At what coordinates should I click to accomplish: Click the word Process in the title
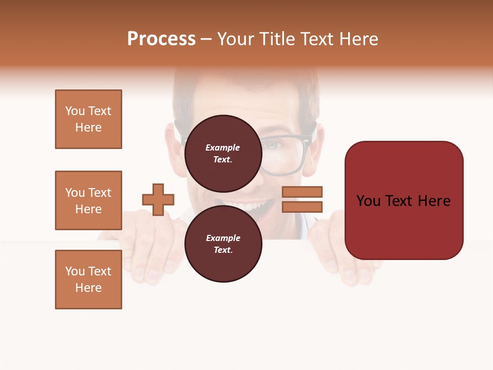pos(161,39)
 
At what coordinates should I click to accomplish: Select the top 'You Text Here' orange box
pos(88,119)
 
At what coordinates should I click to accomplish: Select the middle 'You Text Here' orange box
pos(88,200)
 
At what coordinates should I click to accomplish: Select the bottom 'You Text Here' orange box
pos(88,280)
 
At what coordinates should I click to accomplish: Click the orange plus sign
pos(158,199)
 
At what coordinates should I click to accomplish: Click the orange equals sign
pos(302,199)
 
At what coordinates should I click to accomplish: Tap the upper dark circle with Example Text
pos(223,153)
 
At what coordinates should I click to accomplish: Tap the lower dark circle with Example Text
pos(223,244)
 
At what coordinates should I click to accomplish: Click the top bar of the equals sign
pos(302,192)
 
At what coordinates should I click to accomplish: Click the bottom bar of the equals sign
pos(302,207)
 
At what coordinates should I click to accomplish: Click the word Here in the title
pos(359,39)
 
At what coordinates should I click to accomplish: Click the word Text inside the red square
pos(403,201)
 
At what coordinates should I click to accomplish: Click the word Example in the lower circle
pos(223,238)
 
